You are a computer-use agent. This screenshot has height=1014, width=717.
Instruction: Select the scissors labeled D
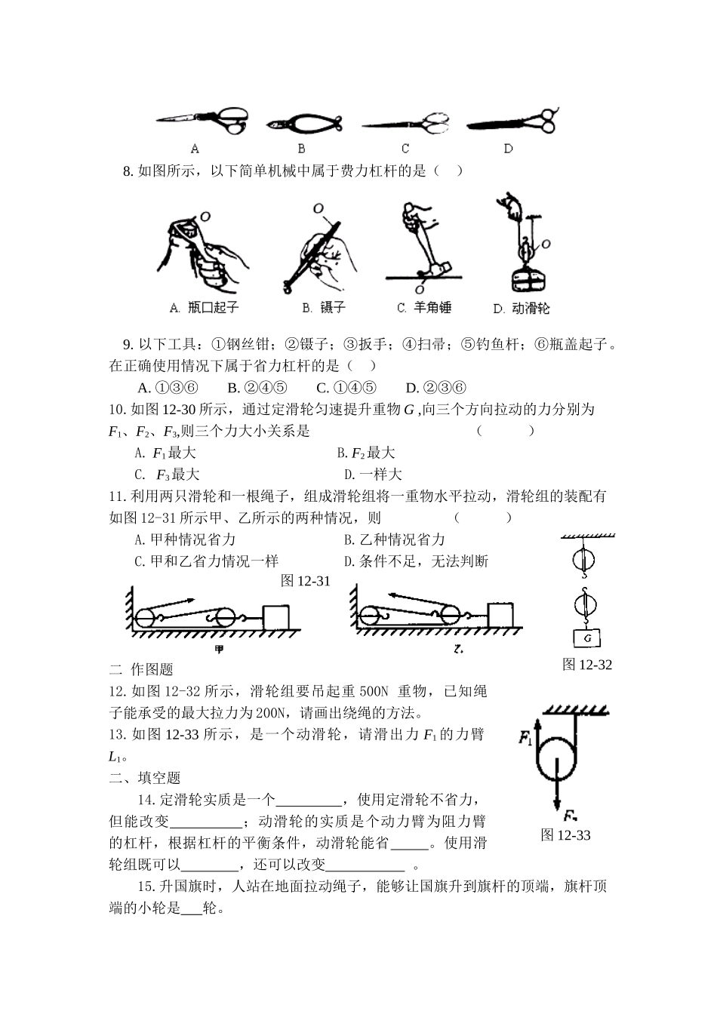513,122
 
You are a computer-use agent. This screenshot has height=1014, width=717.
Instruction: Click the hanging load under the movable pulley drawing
525,281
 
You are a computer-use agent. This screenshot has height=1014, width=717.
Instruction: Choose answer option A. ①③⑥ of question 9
168,388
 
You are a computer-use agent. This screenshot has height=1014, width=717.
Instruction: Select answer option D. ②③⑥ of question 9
435,388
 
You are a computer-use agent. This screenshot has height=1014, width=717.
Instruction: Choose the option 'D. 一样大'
373,475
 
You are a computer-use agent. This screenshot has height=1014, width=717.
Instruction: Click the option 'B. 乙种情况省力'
394,539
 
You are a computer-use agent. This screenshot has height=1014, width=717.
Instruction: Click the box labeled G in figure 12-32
586,638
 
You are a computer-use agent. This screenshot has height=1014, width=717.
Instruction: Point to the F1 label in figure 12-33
527,739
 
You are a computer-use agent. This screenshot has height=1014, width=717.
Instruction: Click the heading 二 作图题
141,669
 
